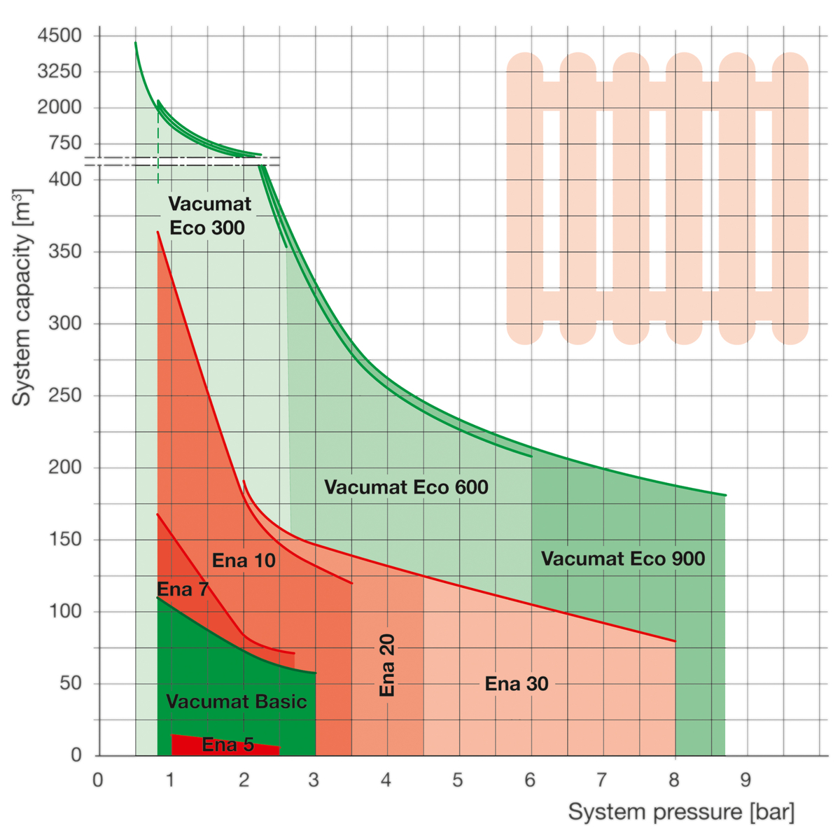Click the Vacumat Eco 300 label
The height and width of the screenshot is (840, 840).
(209, 216)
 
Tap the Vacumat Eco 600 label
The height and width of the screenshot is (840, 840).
(406, 487)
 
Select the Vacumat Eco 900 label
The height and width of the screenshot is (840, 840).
(623, 559)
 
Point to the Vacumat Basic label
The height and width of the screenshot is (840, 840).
(237, 701)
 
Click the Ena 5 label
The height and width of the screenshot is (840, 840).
(227, 745)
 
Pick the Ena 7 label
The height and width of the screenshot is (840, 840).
(183, 589)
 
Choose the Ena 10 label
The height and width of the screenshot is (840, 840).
(244, 561)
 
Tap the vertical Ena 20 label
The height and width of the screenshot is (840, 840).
(387, 665)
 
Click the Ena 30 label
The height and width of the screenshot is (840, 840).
(517, 684)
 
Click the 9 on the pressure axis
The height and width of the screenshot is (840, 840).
(746, 780)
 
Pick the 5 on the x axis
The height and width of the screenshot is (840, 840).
(458, 780)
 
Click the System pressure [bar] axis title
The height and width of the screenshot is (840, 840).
(681, 812)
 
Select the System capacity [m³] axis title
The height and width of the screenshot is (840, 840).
(22, 297)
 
